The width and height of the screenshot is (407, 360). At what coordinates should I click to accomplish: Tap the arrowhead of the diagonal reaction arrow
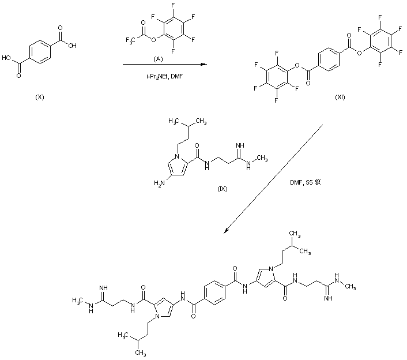pos(227,231)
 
